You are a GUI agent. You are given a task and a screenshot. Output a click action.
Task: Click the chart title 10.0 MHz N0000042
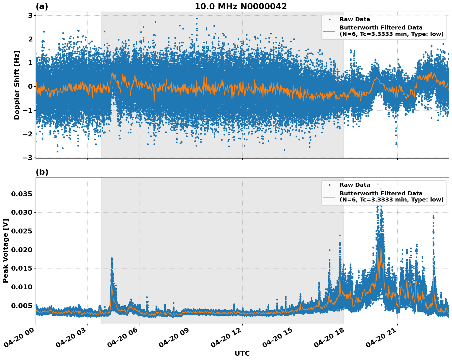[x=240, y=6]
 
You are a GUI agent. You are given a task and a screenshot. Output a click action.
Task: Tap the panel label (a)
[x=42, y=6]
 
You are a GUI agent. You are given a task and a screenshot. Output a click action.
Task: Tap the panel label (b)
[x=42, y=172]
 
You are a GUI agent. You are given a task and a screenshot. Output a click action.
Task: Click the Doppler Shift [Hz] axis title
[x=17, y=85]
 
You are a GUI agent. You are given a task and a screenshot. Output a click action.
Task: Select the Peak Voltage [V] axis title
[x=6, y=251]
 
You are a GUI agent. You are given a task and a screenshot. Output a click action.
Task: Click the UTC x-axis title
[x=242, y=353]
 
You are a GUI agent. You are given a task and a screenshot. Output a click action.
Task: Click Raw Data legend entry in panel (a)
[x=355, y=19]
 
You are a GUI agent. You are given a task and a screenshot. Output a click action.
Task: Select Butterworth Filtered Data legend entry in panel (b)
[x=391, y=197]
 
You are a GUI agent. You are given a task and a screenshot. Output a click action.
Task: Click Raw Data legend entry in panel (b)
[x=355, y=185]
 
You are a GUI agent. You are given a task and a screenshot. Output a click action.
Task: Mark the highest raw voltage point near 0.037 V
[x=378, y=184]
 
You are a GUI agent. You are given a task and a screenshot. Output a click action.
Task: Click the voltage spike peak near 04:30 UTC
[x=112, y=258]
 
